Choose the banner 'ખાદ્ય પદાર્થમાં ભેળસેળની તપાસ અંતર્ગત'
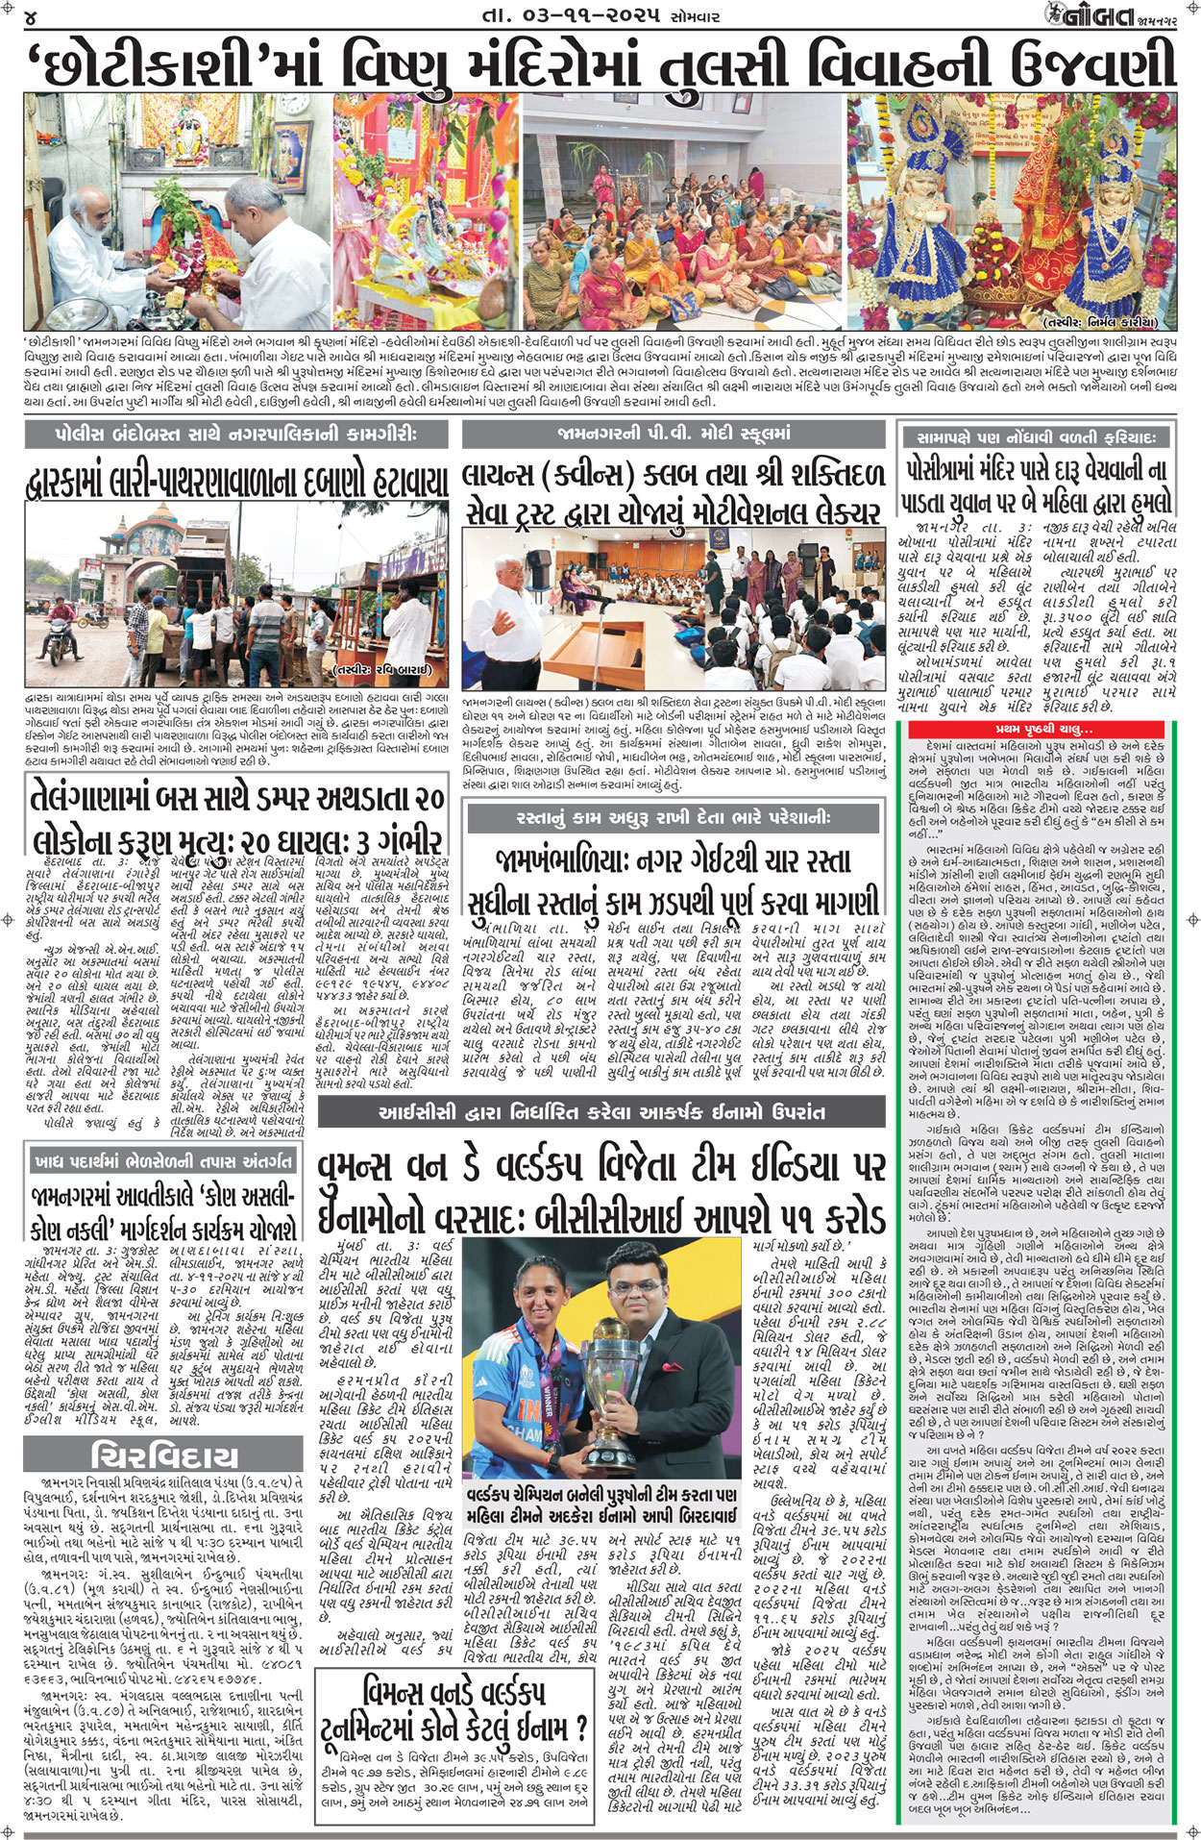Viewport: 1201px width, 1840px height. [162, 1161]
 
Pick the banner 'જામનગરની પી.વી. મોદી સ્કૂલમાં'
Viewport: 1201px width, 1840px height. [673, 434]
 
